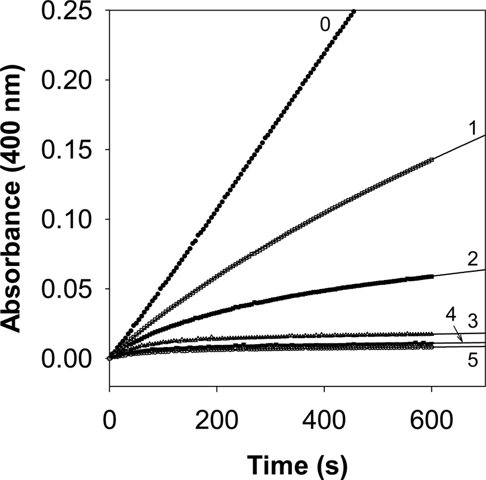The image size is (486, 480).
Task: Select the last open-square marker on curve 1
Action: pos(432,160)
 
